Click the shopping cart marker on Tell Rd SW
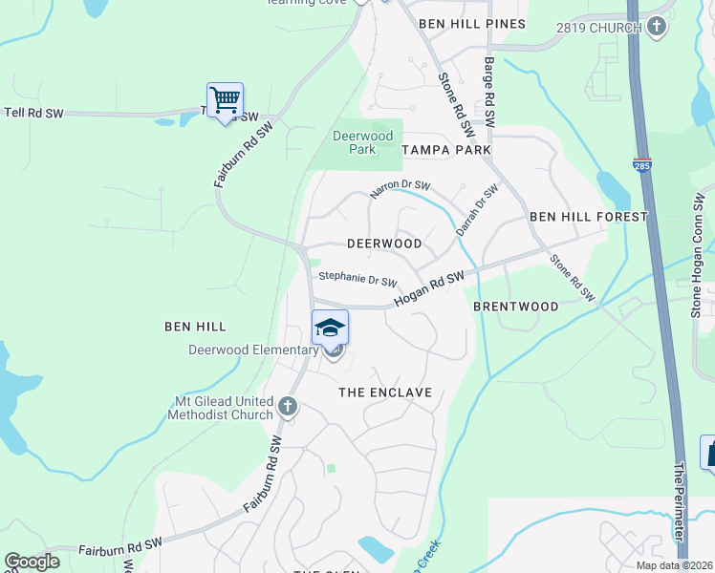[x=225, y=99]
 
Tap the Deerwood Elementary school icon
[x=331, y=329]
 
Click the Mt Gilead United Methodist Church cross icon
[x=287, y=409]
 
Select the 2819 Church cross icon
[x=657, y=28]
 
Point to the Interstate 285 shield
[x=642, y=164]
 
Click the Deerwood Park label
[x=362, y=142]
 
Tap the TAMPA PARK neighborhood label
[x=446, y=150]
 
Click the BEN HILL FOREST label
[x=589, y=217]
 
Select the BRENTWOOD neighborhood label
[x=516, y=307]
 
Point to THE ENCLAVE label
[x=386, y=393]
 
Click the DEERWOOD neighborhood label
[x=384, y=244]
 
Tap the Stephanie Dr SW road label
[x=357, y=279]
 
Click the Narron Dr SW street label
[x=401, y=189]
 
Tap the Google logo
[x=32, y=562]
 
